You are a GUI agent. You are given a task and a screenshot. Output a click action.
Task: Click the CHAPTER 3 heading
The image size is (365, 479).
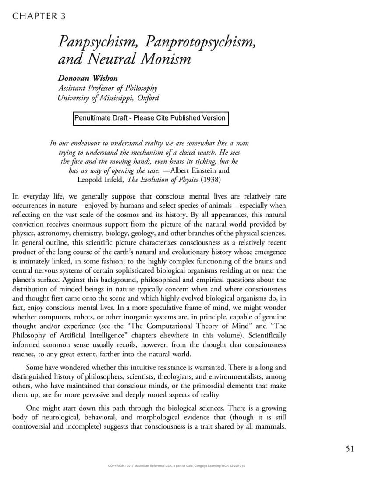click(39, 16)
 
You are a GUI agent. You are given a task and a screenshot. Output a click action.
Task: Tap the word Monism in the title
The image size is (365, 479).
click(166, 58)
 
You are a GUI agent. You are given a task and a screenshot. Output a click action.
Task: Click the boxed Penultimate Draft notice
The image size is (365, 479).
click(150, 118)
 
